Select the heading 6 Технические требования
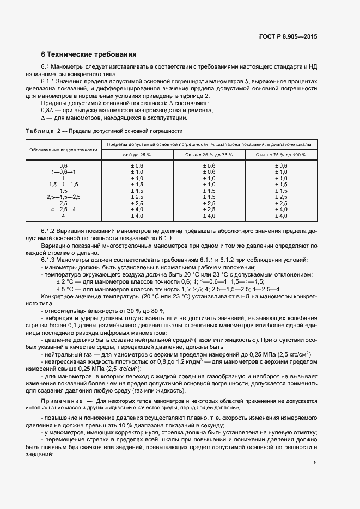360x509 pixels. (x=89, y=54)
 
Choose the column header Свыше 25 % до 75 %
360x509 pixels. (x=209, y=155)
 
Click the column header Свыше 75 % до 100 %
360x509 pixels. (x=282, y=155)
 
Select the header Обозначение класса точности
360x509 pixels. (x=63, y=150)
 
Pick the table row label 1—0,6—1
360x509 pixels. (x=63, y=172)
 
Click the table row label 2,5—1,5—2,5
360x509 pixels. (x=63, y=197)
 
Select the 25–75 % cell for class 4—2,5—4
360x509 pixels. (x=209, y=210)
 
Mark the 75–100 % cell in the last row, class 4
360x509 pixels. (x=282, y=216)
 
